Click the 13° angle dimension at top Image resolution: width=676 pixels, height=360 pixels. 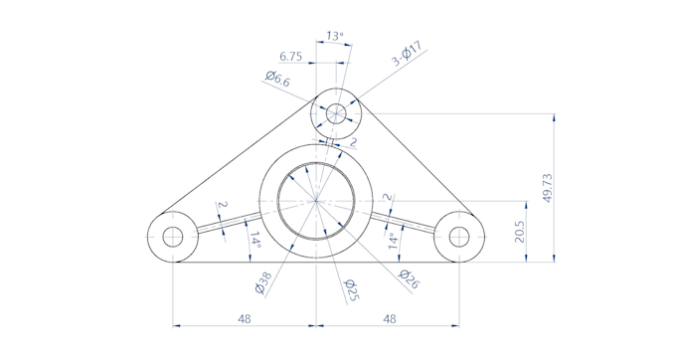click(x=335, y=37)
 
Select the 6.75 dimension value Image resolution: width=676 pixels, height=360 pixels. click(x=291, y=56)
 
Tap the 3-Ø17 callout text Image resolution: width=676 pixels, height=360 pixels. click(x=408, y=54)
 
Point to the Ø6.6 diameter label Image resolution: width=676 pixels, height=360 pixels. click(x=277, y=81)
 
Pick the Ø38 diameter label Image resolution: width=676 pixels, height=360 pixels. click(x=263, y=284)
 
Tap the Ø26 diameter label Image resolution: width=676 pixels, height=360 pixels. click(x=409, y=279)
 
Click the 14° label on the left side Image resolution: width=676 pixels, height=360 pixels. click(x=254, y=240)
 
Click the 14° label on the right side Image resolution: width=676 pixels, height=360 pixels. click(x=393, y=240)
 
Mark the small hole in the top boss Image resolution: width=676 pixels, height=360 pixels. click(x=336, y=112)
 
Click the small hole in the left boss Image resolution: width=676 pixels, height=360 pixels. click(x=173, y=237)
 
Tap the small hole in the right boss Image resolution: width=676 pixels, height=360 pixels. click(x=459, y=237)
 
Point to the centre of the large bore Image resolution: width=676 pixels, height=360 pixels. click(x=316, y=201)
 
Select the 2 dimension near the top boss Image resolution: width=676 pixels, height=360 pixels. click(x=353, y=142)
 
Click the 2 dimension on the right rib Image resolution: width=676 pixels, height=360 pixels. click(x=388, y=199)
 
